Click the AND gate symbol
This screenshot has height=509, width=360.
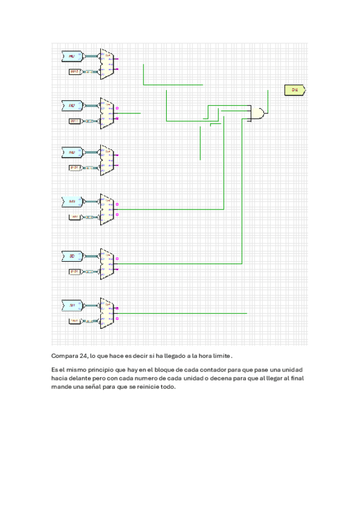(x=258, y=113)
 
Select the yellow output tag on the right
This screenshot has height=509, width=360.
(x=295, y=90)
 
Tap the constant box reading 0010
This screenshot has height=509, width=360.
(x=75, y=72)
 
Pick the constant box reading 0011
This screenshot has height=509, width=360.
(x=75, y=121)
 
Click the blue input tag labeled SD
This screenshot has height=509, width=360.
(x=72, y=256)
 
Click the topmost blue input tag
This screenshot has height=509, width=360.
(x=72, y=56)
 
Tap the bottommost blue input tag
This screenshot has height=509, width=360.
(x=72, y=306)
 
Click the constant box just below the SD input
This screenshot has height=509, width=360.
(x=75, y=271)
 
